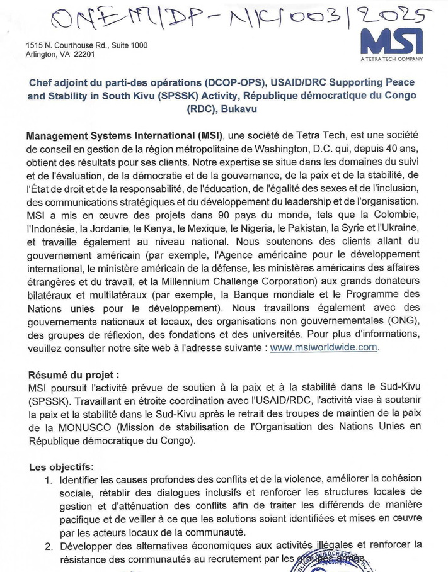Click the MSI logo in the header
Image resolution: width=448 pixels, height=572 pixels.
392,42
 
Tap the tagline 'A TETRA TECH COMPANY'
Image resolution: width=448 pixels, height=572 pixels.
392,59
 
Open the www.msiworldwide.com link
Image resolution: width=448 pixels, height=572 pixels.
324,347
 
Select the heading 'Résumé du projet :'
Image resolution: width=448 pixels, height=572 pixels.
74,374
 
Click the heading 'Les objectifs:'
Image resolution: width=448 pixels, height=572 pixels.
61,467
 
